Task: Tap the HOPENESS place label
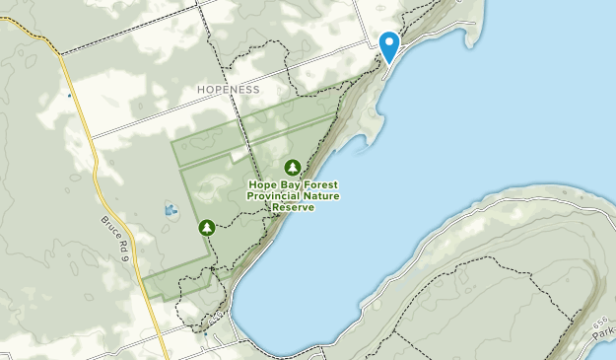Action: click(228, 90)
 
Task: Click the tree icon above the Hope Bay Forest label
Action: click(292, 168)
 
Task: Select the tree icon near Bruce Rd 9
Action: click(207, 228)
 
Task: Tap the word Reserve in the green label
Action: click(293, 208)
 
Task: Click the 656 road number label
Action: click(601, 324)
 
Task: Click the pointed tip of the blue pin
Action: click(390, 62)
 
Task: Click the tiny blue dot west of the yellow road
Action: click(69, 96)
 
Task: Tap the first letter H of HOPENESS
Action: click(200, 90)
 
